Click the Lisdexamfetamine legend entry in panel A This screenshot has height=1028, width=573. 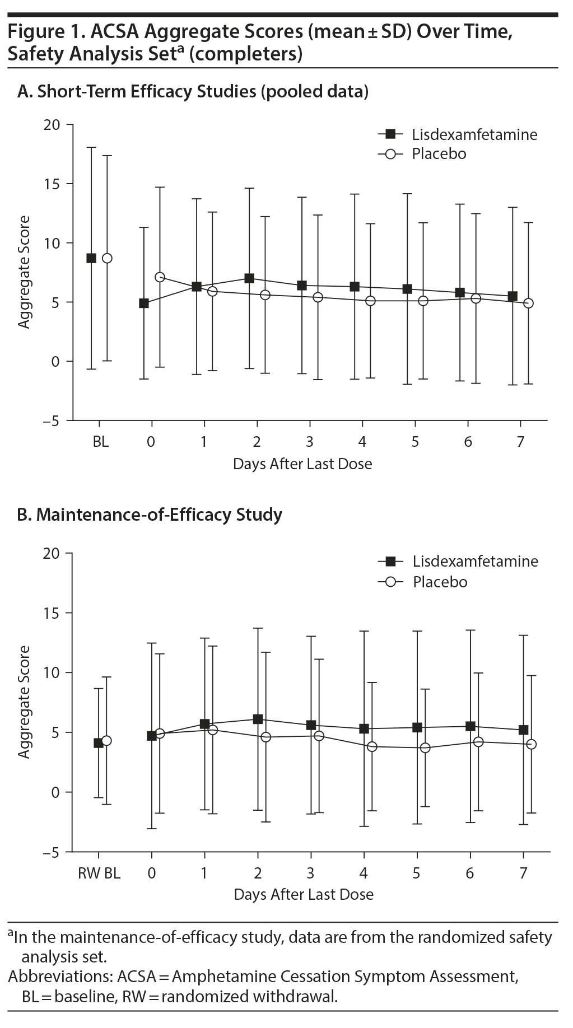[x=474, y=134]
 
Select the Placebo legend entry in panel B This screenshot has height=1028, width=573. [x=440, y=582]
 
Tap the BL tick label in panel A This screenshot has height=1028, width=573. [x=101, y=442]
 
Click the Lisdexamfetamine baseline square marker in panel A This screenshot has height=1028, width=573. [x=91, y=258]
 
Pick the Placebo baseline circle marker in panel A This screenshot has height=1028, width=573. [x=107, y=258]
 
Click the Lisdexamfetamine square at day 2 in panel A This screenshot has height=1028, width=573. [x=249, y=278]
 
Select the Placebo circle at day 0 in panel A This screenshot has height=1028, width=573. [x=160, y=277]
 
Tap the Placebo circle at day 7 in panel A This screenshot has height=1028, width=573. [x=528, y=303]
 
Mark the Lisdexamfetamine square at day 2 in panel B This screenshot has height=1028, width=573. [x=258, y=719]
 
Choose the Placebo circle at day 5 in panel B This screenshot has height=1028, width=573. [x=425, y=747]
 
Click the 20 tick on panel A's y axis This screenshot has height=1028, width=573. [x=52, y=124]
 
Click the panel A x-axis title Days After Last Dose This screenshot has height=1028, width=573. [x=302, y=464]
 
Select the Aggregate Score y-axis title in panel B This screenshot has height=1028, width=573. [x=24, y=702]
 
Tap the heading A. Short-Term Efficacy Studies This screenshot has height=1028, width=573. [x=193, y=92]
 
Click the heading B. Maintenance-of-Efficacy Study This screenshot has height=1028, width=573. [x=150, y=515]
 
